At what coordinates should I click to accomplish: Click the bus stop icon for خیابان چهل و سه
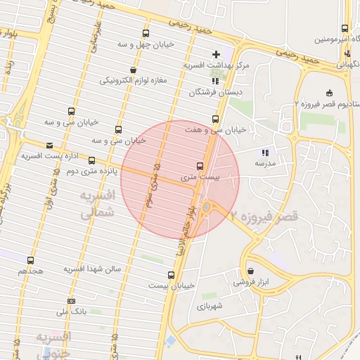[146, 34]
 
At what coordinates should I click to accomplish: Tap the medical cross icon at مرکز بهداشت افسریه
[216, 53]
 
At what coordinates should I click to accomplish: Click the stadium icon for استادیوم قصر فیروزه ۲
[330, 93]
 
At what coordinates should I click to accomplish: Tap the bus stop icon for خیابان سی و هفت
[215, 119]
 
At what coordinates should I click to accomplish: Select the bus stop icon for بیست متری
[200, 167]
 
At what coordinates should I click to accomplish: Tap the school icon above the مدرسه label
[265, 152]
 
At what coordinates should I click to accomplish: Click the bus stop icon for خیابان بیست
[171, 275]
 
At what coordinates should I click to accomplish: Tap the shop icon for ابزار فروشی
[251, 271]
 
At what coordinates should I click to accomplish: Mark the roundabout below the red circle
[207, 207]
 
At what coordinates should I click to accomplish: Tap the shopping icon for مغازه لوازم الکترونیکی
[133, 70]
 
